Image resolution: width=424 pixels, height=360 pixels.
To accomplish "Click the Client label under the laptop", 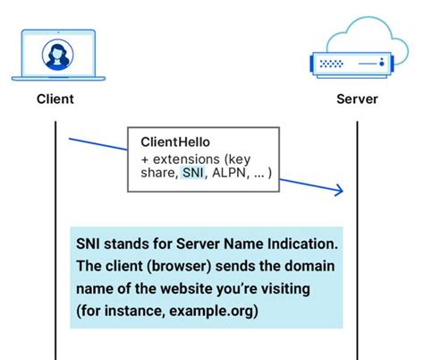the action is pyautogui.click(x=55, y=99).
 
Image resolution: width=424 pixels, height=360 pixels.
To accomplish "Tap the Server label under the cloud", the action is pyautogui.click(x=357, y=99).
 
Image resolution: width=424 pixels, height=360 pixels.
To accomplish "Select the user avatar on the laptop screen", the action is pyautogui.click(x=57, y=55).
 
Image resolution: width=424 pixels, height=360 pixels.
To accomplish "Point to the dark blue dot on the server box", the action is pyautogui.click(x=382, y=64).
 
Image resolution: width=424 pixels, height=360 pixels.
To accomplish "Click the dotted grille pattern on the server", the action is pyautogui.click(x=331, y=64).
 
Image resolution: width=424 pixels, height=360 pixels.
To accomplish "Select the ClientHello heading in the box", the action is pyautogui.click(x=175, y=142).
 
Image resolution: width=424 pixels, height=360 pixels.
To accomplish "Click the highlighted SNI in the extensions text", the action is pyautogui.click(x=193, y=173).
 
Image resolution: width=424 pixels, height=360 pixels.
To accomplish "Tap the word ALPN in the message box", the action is pyautogui.click(x=229, y=173).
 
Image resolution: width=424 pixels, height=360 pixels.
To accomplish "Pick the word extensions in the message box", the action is pyautogui.click(x=186, y=159).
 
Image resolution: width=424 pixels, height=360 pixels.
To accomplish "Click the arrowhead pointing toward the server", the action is pyautogui.click(x=339, y=190).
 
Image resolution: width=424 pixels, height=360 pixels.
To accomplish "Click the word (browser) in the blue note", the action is pyautogui.click(x=179, y=266).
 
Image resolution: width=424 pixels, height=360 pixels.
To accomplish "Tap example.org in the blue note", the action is pyautogui.click(x=214, y=311).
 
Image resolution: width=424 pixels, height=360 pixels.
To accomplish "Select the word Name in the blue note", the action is pyautogui.click(x=243, y=244).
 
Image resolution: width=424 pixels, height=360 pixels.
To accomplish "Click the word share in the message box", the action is pyautogui.click(x=157, y=173).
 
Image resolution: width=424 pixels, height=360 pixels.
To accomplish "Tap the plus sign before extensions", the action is pyautogui.click(x=145, y=159).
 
